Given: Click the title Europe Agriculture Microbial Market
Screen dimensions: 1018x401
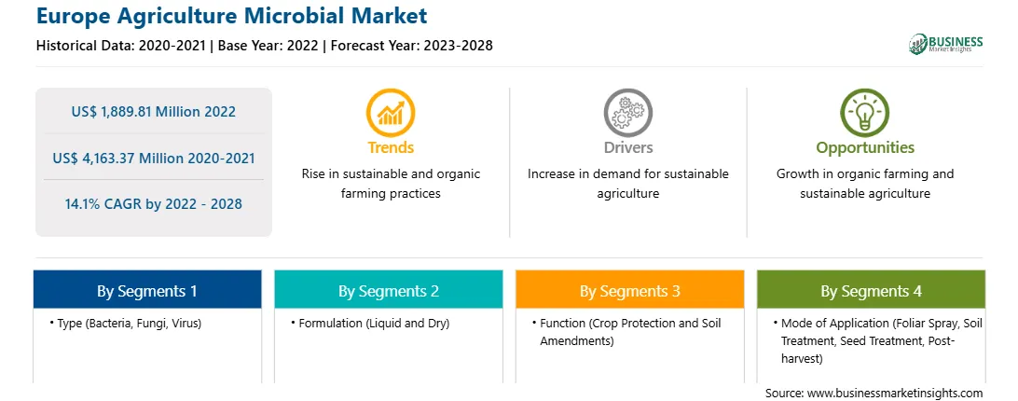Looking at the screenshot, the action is pos(232,16).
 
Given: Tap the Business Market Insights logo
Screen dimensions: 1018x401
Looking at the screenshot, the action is pos(946,44).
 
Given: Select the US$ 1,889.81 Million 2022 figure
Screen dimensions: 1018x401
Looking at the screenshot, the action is pos(153,112).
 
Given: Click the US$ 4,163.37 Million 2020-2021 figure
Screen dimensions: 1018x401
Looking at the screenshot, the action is pos(153,158).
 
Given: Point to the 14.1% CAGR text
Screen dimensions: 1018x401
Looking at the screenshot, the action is pos(153,204).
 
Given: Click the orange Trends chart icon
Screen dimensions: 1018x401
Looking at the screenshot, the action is pos(391,113).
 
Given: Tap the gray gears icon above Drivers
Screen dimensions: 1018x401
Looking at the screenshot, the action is pos(627,113).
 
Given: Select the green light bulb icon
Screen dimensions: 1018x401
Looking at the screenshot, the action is pos(865,113).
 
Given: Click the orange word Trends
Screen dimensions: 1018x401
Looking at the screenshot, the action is pos(391,147).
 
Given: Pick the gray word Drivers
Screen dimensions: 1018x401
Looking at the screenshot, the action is pos(627,147).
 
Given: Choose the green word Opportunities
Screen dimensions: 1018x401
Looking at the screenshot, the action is pos(865,147).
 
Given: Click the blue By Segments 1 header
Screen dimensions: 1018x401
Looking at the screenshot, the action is pos(147,290).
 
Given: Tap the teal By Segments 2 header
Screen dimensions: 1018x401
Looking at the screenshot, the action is pos(388,290).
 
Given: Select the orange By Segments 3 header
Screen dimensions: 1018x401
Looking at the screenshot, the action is pos(630,290).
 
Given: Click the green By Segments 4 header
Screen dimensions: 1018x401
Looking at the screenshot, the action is pos(872,290).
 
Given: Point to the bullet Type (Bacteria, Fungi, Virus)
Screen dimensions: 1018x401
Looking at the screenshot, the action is pos(125,323).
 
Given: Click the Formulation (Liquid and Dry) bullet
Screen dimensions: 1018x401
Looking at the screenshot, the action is pos(370,323).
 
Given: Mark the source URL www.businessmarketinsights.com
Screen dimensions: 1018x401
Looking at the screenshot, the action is pos(895,393).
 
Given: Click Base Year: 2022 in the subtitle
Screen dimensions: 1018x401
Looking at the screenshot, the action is pos(268,46).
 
